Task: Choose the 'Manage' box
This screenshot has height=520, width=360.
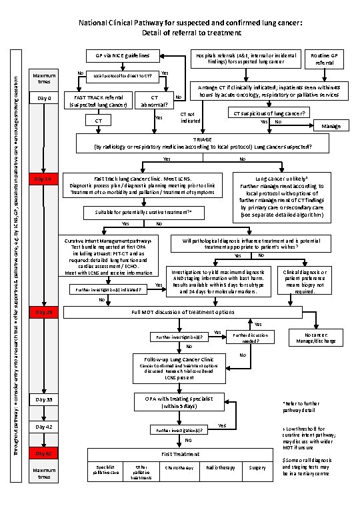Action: point(331,126)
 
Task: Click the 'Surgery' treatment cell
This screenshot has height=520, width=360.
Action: point(258,468)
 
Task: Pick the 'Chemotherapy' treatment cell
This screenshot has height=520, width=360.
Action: point(179,468)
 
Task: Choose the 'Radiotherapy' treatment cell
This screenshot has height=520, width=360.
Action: point(221,468)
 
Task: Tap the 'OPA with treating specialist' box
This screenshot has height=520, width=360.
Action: point(179,402)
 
